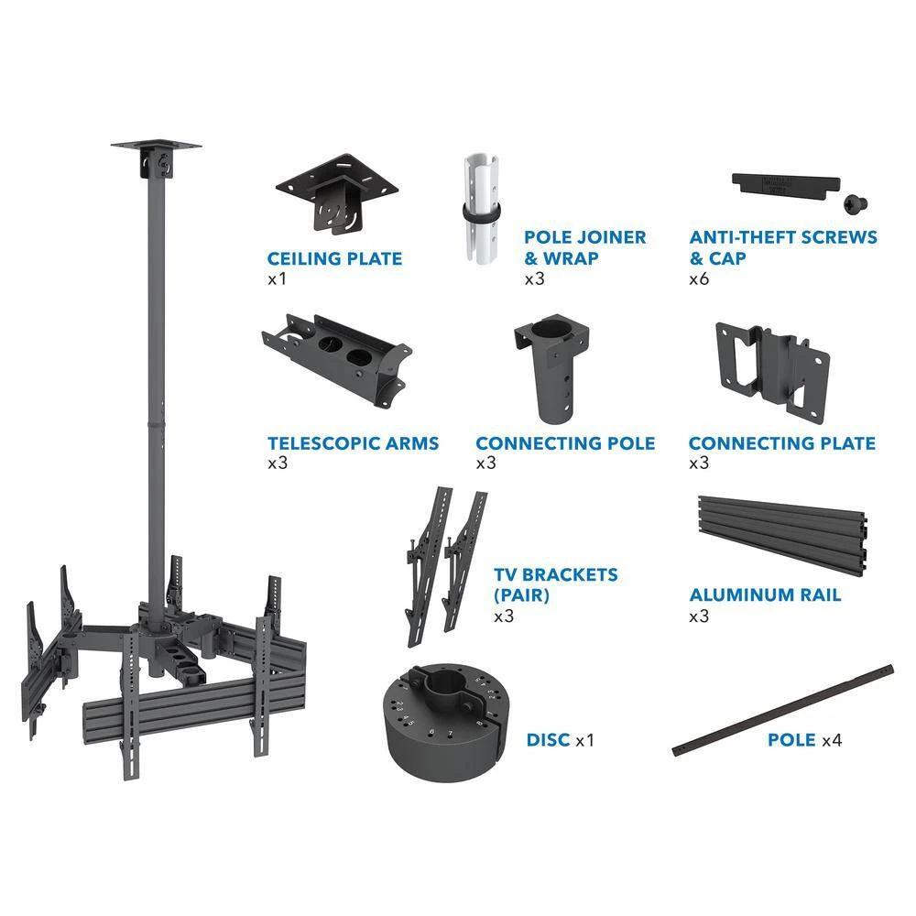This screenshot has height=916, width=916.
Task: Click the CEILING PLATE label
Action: [x=334, y=259]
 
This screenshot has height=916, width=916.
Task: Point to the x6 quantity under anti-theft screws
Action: [x=700, y=278]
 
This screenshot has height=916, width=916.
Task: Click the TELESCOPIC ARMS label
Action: [x=353, y=443]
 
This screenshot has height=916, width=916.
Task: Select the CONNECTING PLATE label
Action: [x=781, y=443]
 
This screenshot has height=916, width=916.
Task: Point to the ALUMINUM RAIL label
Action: [x=765, y=595]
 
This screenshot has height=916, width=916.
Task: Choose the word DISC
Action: [x=548, y=739]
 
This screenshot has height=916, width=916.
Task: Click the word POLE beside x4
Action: [x=791, y=739]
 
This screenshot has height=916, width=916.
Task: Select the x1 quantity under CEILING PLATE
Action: [x=277, y=278]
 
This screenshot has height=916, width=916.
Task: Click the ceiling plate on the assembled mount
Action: [x=156, y=147]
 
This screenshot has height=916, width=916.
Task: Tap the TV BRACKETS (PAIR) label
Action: [x=555, y=584]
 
